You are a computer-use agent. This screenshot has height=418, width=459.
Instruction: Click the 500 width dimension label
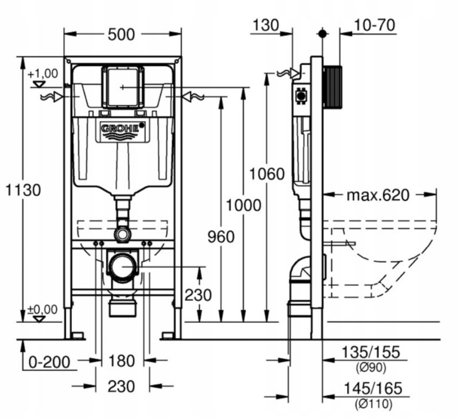121,34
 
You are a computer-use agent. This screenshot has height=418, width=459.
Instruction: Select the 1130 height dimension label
23,190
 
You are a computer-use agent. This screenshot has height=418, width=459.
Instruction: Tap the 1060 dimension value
267,174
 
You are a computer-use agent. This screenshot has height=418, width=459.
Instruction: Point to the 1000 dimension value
243,205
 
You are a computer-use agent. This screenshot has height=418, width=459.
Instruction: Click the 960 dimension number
221,237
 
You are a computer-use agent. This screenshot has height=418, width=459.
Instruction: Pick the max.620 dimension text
378,195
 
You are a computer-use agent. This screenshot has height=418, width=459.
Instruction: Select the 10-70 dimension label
375,25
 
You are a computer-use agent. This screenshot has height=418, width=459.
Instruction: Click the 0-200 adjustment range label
49,362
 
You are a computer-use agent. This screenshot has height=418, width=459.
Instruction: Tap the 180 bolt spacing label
122,361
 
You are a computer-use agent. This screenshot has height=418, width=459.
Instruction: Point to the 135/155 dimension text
371,352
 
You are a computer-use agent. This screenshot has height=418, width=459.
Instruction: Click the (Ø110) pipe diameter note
374,404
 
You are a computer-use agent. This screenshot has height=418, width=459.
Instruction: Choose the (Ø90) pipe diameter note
371,367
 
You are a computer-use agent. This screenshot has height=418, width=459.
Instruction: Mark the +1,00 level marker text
42,73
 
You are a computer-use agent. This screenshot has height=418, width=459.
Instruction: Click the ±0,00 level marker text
42,309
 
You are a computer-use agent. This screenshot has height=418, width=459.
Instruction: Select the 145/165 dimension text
372,389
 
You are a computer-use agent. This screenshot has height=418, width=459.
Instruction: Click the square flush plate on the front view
123,87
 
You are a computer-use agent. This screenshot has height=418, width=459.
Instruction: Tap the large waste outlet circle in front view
123,267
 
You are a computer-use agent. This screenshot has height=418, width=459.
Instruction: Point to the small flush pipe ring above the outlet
122,234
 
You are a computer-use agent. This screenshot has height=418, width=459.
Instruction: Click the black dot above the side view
322,34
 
